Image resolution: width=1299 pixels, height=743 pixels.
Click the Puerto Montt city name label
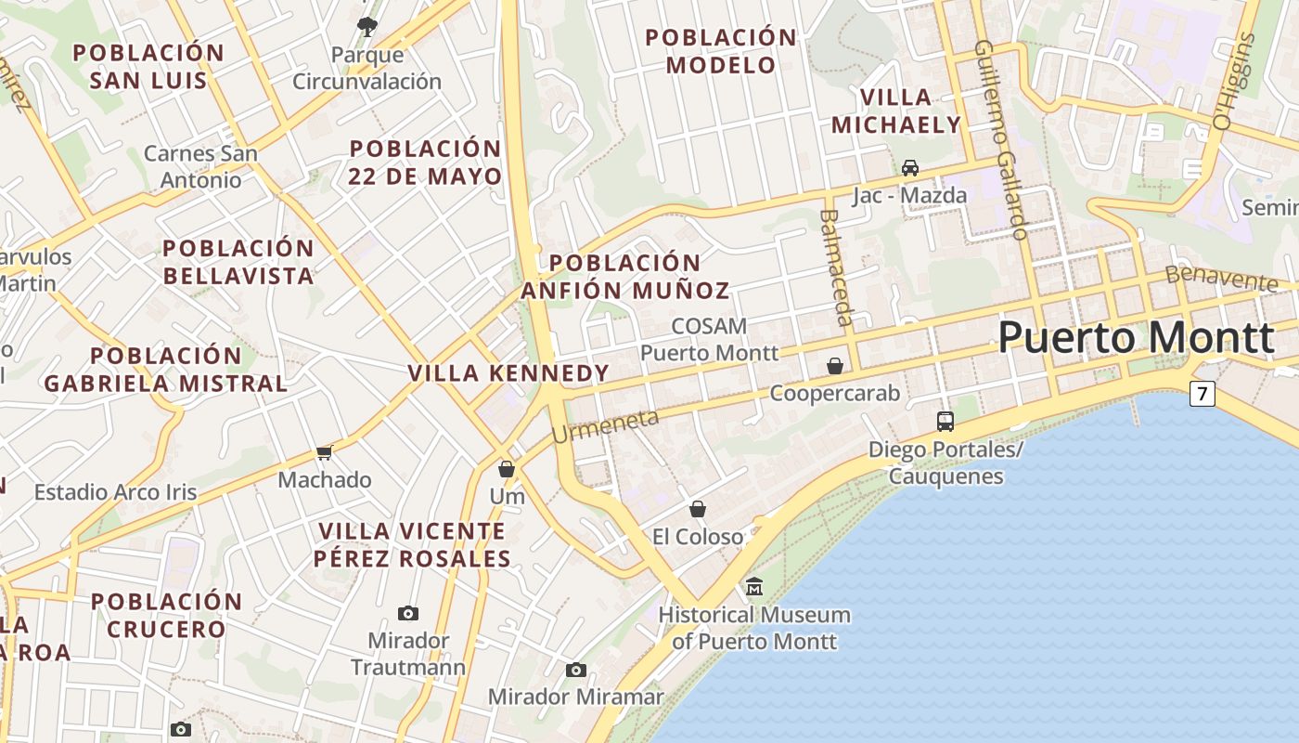tap(1136, 337)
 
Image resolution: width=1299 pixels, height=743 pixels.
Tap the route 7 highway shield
tap(1203, 394)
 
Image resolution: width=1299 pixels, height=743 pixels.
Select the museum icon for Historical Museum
tap(754, 587)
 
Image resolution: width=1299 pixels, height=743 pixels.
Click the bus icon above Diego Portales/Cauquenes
tap(945, 422)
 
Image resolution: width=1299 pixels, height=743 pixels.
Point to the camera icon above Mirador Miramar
tap(576, 670)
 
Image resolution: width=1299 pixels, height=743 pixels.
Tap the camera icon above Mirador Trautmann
tap(407, 613)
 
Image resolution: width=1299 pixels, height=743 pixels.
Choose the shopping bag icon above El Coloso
tap(698, 509)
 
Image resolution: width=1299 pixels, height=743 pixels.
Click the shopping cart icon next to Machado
tap(324, 452)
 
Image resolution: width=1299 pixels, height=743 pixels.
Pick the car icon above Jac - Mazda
tap(910, 168)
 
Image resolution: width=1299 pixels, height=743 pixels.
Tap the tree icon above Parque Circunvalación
tap(367, 26)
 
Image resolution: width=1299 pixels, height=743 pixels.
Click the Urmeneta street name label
tap(605, 426)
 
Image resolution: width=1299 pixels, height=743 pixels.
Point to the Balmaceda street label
tap(835, 267)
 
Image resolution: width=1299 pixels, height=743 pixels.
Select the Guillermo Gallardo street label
tap(1002, 139)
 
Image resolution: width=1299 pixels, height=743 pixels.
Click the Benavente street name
tap(1221, 277)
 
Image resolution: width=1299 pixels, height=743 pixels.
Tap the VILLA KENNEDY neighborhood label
tap(508, 373)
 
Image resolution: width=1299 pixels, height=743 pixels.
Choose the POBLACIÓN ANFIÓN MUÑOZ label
tap(624, 277)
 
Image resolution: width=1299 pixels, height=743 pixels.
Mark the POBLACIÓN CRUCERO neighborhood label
tap(167, 615)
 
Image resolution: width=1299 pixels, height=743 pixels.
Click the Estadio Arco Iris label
tap(116, 492)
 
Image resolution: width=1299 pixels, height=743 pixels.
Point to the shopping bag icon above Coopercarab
tap(835, 366)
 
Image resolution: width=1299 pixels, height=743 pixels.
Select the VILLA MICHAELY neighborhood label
tap(896, 111)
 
